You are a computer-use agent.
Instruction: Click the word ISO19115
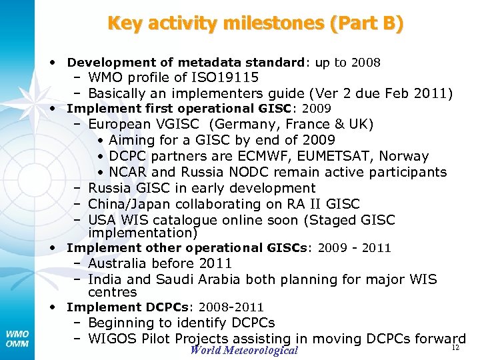pyautogui.click(x=226, y=77)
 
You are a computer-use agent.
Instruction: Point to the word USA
pyautogui.click(x=103, y=220)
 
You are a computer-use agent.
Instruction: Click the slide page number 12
pyautogui.click(x=456, y=348)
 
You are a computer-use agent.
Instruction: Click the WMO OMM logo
pyautogui.click(x=17, y=337)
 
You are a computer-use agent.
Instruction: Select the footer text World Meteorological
pyautogui.click(x=244, y=351)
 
